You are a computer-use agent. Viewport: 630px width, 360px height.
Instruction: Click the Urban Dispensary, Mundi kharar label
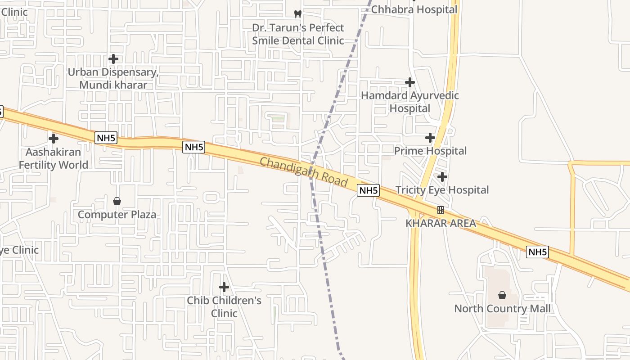(x=113, y=78)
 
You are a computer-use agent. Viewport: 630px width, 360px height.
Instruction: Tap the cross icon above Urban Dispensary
(x=113, y=59)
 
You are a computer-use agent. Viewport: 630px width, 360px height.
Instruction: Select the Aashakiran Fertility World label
(x=54, y=158)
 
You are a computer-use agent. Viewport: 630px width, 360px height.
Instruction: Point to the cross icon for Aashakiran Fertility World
(x=54, y=139)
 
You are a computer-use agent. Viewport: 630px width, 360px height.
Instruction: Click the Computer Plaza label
(x=117, y=215)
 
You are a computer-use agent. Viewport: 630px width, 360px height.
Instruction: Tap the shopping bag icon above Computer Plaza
(x=117, y=201)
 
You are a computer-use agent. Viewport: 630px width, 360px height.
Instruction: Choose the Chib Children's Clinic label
(x=224, y=306)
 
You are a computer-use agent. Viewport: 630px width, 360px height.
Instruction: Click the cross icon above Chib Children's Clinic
(x=224, y=287)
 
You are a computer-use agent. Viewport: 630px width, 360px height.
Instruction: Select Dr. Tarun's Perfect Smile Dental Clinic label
(x=298, y=34)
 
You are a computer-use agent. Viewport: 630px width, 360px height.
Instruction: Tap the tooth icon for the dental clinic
(x=297, y=14)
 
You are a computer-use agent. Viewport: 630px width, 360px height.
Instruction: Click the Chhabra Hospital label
(x=414, y=9)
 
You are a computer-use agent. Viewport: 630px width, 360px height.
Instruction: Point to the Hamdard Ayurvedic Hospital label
(x=410, y=102)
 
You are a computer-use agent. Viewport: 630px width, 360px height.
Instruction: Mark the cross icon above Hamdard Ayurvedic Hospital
(x=410, y=82)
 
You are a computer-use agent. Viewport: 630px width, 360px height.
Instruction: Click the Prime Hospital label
(x=431, y=151)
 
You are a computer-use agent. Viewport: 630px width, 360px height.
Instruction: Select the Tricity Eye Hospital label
(x=442, y=190)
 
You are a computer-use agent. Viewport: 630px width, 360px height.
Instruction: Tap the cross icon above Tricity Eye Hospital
(x=442, y=177)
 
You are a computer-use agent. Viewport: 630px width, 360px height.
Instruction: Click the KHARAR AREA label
(x=441, y=223)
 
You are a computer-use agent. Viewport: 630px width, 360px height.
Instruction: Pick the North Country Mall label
(x=502, y=309)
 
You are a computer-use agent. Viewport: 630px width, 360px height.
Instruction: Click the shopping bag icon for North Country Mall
(x=502, y=295)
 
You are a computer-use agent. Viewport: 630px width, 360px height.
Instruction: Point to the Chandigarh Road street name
(x=304, y=172)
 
